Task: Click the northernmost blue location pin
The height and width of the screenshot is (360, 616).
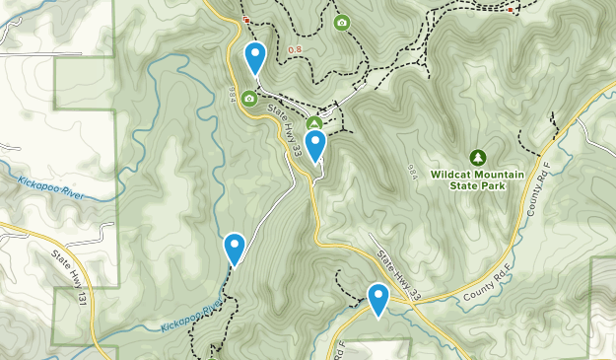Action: [x=255, y=56]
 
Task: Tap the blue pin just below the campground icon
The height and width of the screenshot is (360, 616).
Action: [x=315, y=146]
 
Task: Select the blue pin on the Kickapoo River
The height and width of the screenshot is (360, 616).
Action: [x=235, y=248]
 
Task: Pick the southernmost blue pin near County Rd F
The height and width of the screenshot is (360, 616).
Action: [x=378, y=299]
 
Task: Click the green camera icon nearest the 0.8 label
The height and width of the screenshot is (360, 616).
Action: [x=341, y=23]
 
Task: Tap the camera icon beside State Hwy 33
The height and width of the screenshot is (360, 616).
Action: [x=249, y=99]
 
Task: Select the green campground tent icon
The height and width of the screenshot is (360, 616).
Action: [x=314, y=123]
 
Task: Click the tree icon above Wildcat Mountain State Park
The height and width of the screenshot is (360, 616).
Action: [x=478, y=157]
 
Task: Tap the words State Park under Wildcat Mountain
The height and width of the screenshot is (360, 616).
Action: [x=478, y=185]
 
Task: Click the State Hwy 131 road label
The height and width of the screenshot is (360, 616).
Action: [x=72, y=277]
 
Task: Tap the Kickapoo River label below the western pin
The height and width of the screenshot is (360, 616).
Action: [x=188, y=315]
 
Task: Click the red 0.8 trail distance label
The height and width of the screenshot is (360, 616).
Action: [x=295, y=50]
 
